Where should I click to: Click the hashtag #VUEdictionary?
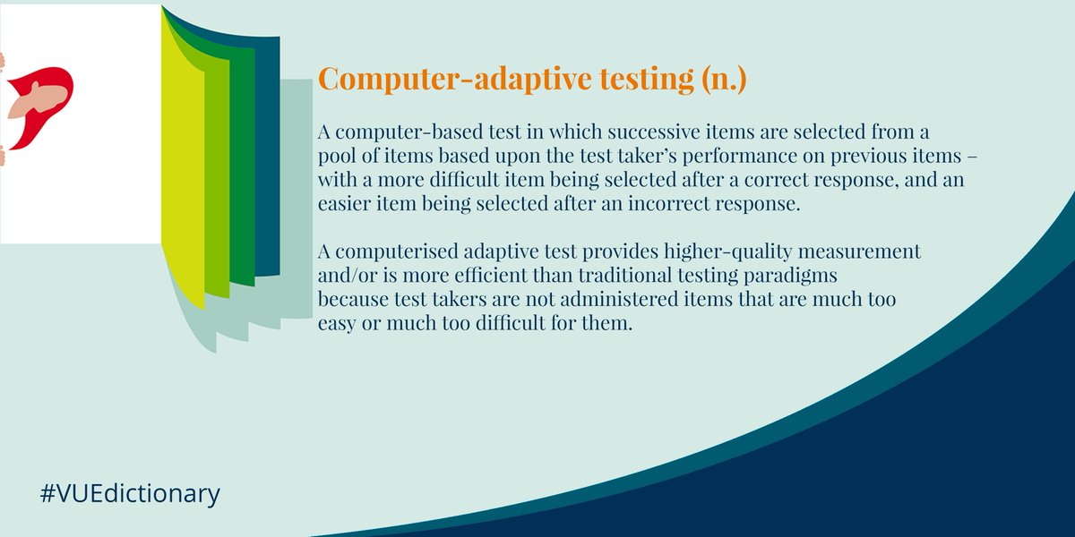coord(130,493)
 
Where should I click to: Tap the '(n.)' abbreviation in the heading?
coord(717,80)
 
